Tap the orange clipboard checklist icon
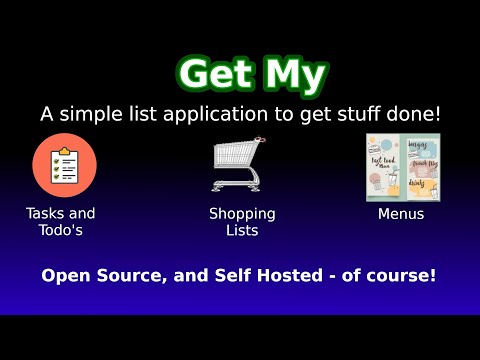(x=64, y=165)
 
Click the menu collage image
(x=400, y=166)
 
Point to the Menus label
(x=401, y=214)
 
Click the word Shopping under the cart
(x=242, y=214)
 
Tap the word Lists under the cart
(x=242, y=231)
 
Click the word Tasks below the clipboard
(x=47, y=214)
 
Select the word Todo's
(x=61, y=231)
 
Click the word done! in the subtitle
(x=413, y=115)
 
